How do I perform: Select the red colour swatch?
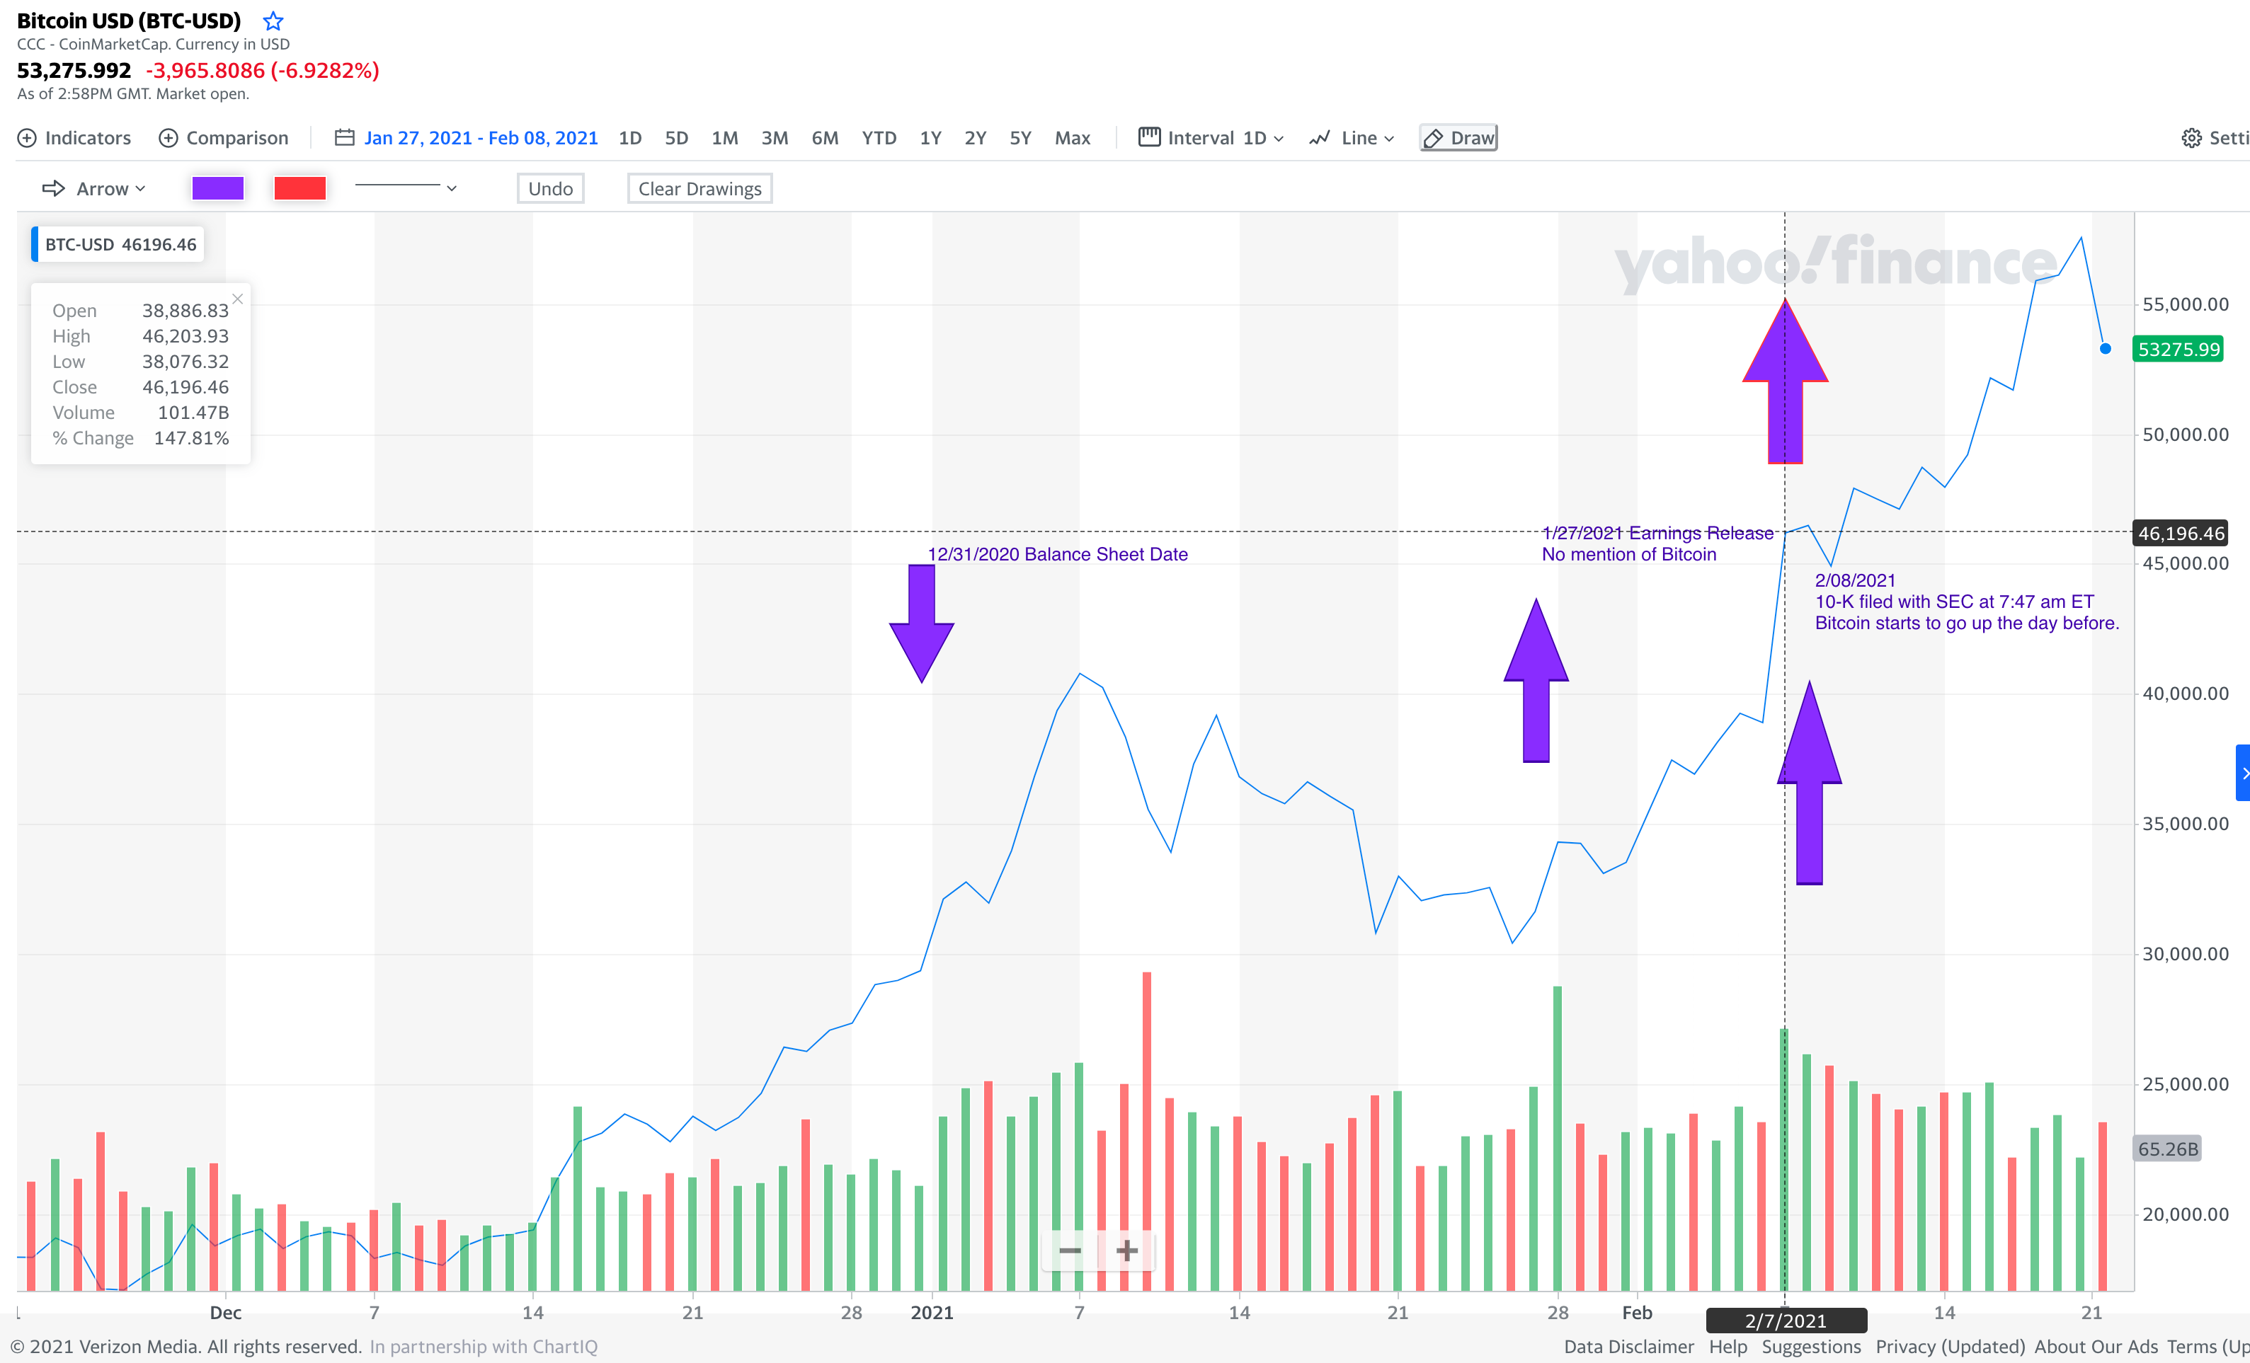[299, 188]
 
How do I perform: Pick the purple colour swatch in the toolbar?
[217, 188]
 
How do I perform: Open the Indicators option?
[75, 138]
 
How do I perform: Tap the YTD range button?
[879, 138]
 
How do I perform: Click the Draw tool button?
[1458, 138]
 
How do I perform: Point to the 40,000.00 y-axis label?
[2185, 694]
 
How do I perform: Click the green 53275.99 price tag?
[2178, 350]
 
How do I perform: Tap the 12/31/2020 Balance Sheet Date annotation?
[1058, 554]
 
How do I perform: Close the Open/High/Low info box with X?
[237, 299]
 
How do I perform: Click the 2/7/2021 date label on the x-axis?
[1786, 1320]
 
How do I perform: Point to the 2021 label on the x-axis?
[932, 1313]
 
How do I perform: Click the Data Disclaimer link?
[1628, 1347]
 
